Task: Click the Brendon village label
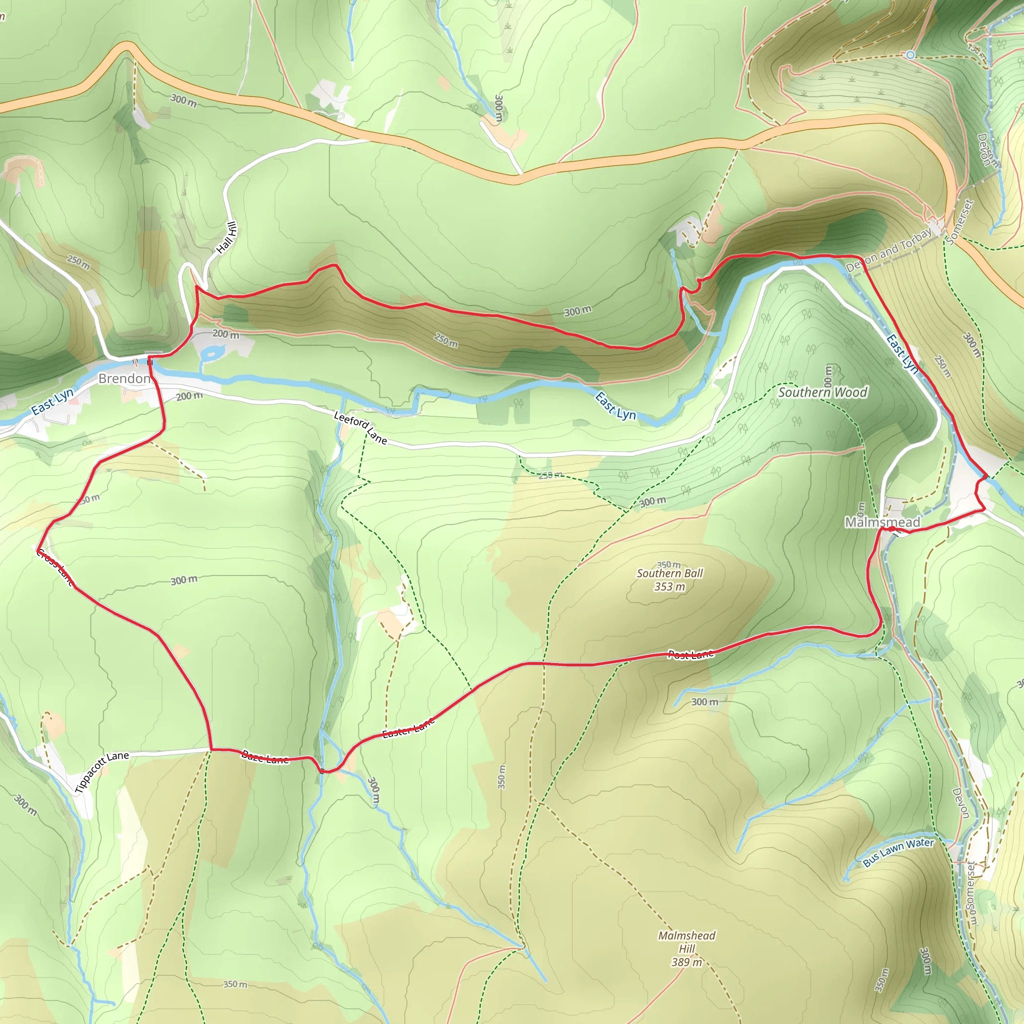124,378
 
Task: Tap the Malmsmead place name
882,522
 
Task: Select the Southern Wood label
822,392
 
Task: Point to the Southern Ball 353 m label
669,580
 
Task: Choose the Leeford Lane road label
360,427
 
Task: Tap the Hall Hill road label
227,237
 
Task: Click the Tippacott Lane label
102,771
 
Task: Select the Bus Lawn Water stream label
898,852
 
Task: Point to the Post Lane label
690,654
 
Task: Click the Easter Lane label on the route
408,727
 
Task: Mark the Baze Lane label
264,757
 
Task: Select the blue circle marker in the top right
910,55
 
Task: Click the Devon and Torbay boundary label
889,249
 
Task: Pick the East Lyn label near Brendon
52,402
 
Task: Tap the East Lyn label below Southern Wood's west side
615,406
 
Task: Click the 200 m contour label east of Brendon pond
226,334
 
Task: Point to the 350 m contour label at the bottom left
235,984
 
